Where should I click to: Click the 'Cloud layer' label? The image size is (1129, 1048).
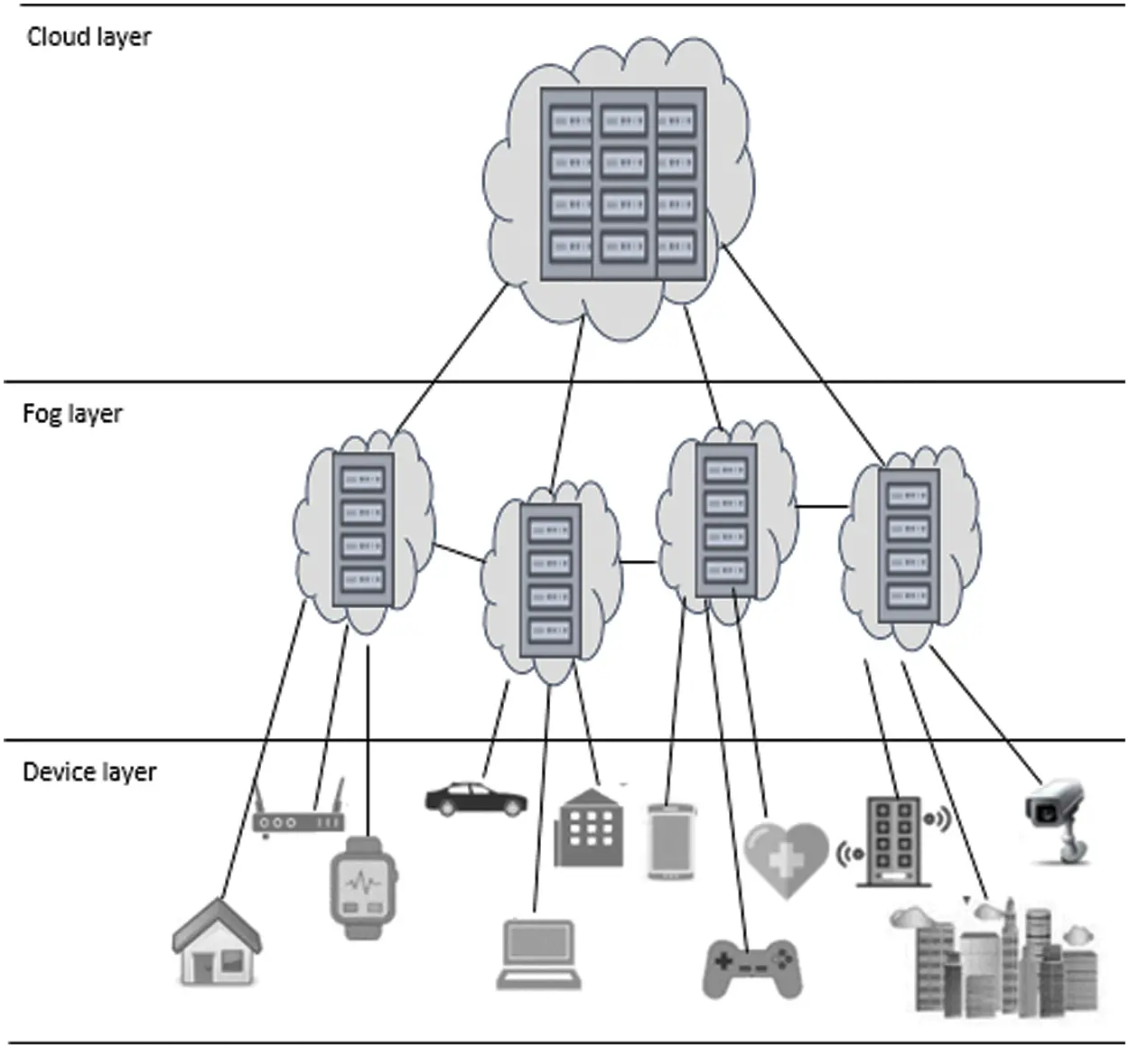(x=89, y=37)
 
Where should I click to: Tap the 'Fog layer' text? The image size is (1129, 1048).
(x=72, y=414)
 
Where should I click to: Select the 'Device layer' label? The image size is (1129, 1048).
(x=89, y=772)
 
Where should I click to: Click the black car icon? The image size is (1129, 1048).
(x=476, y=800)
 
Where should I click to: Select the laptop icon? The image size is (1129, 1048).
(x=538, y=954)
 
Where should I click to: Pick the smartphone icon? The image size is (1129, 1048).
(x=670, y=841)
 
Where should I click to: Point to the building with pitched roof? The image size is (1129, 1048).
(x=589, y=828)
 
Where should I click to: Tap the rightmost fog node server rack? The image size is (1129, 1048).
(x=908, y=545)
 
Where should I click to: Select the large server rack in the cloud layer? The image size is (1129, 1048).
(x=623, y=183)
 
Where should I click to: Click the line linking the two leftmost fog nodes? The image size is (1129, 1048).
(x=459, y=553)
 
